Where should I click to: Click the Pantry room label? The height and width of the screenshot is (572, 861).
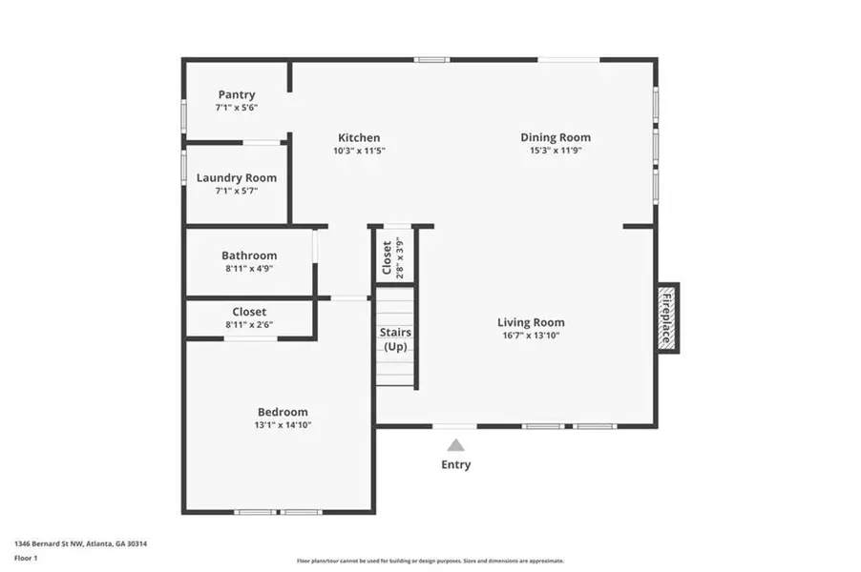point(237,94)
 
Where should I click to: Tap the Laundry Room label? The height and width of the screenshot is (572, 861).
point(237,177)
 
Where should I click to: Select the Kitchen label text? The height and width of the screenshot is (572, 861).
point(359,137)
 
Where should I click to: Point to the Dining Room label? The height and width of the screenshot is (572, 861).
point(556,137)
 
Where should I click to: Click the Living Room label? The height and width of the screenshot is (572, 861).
point(531,322)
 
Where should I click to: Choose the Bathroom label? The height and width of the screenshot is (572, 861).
point(249,255)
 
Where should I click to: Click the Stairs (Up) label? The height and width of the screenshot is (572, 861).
point(395,339)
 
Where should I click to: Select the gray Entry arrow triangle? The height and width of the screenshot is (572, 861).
point(456,444)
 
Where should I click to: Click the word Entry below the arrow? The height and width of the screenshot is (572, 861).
point(455,465)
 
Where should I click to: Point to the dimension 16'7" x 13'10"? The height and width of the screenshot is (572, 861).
point(531,336)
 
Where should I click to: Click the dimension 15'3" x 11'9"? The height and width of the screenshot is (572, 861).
point(556,151)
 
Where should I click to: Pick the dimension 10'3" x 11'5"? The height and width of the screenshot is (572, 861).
point(359,151)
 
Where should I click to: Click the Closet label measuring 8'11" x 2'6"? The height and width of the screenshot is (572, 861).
point(249,312)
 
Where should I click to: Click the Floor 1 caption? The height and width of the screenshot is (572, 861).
point(25,558)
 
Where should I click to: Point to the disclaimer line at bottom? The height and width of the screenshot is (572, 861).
point(430,561)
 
